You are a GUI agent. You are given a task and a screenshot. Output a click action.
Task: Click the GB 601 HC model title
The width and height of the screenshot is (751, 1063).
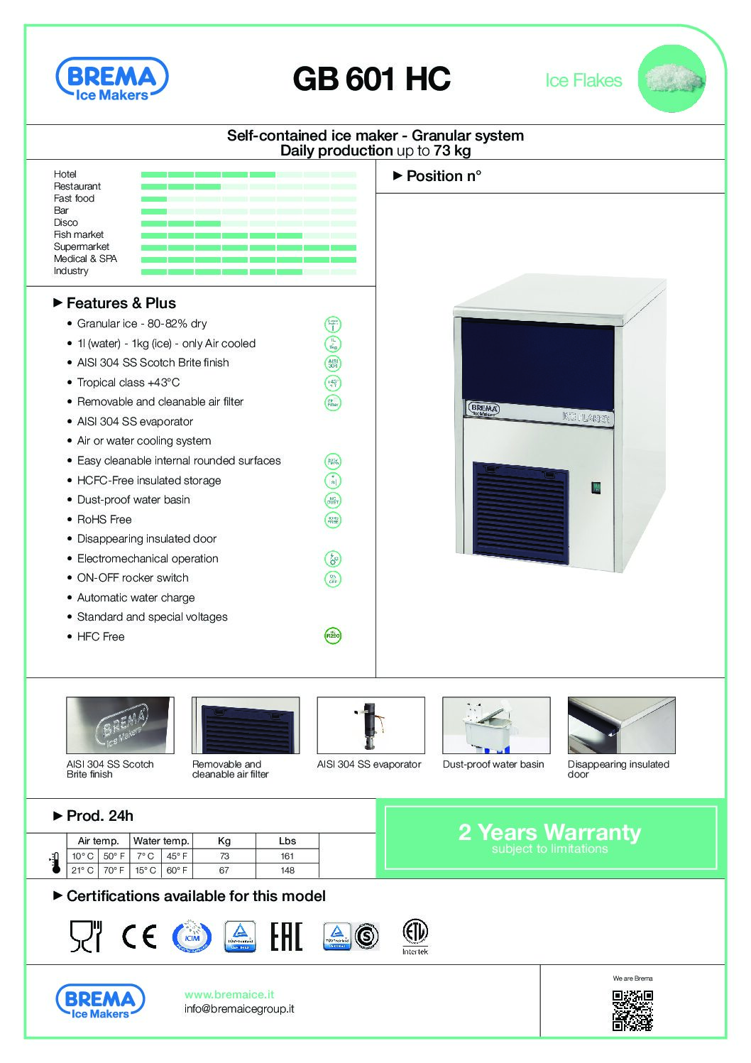371,80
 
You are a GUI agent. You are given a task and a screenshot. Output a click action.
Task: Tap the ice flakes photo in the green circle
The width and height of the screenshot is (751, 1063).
671,78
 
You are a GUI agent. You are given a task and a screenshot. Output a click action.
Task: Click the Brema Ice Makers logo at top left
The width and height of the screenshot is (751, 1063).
111,80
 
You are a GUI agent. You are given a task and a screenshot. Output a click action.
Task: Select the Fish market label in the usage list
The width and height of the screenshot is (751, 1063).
79,234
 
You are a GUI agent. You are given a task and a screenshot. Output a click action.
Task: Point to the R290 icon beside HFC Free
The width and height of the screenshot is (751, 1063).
332,636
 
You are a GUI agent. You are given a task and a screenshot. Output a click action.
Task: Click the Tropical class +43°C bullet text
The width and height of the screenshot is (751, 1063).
128,382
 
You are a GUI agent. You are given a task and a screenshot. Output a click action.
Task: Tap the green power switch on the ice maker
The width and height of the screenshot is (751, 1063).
596,487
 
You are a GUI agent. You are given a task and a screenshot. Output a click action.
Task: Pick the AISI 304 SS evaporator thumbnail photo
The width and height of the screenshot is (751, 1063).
371,725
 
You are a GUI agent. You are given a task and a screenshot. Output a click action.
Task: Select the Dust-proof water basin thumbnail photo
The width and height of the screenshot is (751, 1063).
495,725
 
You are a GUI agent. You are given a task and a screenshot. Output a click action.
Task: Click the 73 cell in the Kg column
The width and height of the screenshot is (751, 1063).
224,856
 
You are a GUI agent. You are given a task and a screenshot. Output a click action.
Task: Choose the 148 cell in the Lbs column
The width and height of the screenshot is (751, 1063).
287,871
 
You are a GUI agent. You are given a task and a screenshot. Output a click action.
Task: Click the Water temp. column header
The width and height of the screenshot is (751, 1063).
161,841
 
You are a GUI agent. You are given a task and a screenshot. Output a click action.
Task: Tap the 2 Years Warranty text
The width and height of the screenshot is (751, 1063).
549,832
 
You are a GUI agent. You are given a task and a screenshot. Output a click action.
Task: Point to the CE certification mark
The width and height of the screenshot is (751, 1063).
139,937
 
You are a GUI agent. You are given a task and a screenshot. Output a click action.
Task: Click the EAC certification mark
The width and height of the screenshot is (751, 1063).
286,937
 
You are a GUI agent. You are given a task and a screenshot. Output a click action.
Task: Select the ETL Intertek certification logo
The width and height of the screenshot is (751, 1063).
415,937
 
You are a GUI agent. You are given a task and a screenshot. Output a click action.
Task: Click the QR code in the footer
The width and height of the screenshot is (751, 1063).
632,1010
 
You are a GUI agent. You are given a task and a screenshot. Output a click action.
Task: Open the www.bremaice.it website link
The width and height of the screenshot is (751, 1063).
229,995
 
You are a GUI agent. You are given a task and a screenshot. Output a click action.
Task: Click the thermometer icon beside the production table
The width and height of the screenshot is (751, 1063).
55,863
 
